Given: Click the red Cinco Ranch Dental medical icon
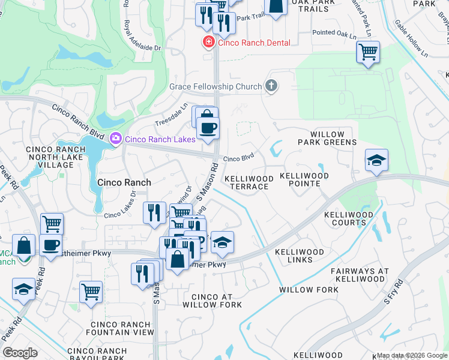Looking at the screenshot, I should [208, 43].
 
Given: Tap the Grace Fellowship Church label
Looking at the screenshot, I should [215, 86].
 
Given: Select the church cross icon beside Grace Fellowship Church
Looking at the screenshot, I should [271, 86].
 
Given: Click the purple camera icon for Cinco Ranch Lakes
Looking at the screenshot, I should [116, 139].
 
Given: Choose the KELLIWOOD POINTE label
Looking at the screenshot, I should [304, 179].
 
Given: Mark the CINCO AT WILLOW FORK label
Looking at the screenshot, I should [216, 301].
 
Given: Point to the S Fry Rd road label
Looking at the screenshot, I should [396, 307].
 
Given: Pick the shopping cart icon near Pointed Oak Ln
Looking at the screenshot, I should [368, 52].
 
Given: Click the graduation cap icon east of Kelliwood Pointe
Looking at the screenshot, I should [376, 160].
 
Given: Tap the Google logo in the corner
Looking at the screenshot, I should [20, 353].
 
